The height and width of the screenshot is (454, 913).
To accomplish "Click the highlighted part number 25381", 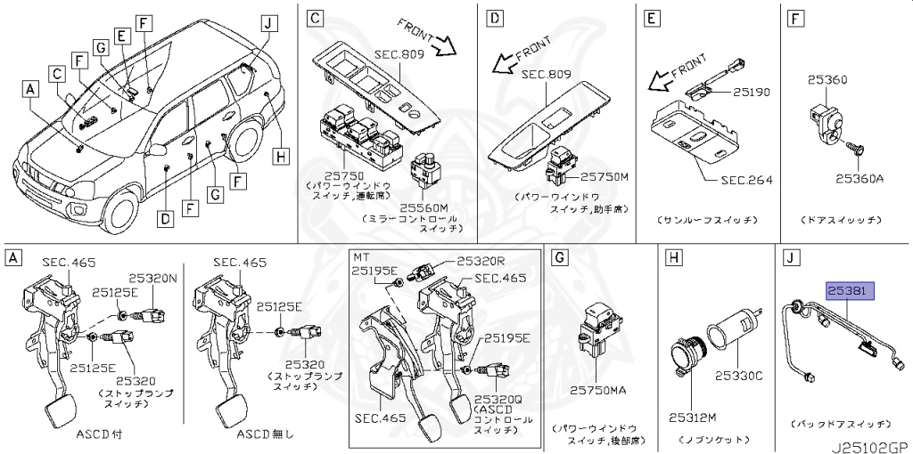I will [x=850, y=290].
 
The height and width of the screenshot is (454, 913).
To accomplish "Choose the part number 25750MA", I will [x=599, y=389].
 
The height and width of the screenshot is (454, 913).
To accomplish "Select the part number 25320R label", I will [x=481, y=261].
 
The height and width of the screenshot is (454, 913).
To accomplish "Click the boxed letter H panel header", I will [x=673, y=258].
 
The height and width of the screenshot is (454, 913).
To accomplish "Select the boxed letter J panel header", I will [x=789, y=258].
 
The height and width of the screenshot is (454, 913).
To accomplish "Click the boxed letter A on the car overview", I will [x=31, y=89].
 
